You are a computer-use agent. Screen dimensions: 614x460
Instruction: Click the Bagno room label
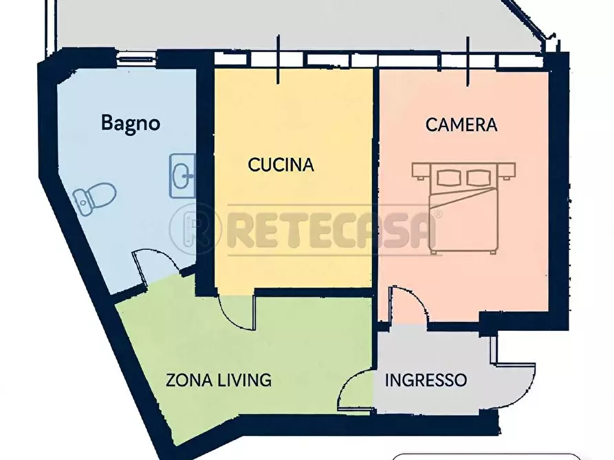(x=131, y=124)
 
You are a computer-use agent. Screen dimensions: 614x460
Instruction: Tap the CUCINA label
(x=281, y=165)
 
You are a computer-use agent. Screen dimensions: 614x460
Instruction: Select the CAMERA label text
(x=461, y=125)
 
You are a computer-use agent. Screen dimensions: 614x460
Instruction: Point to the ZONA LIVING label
(x=219, y=380)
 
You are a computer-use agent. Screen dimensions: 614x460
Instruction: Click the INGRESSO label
(x=426, y=380)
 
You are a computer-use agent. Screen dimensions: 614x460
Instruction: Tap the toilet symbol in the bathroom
(x=95, y=198)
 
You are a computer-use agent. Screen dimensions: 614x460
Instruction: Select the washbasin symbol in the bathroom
(x=182, y=176)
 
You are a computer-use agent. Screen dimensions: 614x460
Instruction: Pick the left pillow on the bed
(x=449, y=178)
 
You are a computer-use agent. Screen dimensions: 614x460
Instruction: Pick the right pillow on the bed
(x=479, y=178)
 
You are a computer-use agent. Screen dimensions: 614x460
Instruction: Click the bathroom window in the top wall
(x=137, y=60)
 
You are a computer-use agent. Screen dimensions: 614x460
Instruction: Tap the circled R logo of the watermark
(x=193, y=229)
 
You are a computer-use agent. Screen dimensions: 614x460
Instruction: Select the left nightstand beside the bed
(x=421, y=172)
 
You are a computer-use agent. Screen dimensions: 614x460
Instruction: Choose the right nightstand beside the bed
(x=507, y=172)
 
